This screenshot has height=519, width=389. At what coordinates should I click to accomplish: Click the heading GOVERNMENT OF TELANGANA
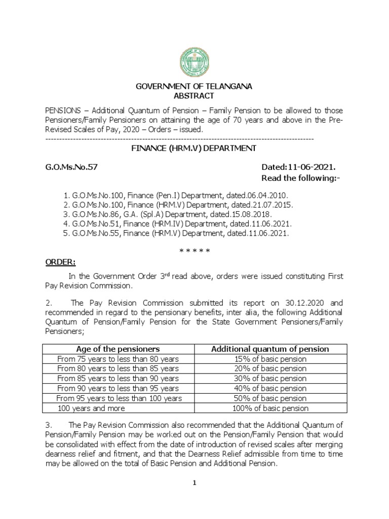tap(194, 87)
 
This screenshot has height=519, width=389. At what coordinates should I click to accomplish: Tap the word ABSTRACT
tap(194, 96)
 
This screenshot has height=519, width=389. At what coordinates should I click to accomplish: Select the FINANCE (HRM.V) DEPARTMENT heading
tap(194, 148)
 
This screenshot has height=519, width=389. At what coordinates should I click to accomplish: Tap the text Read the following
tap(297, 178)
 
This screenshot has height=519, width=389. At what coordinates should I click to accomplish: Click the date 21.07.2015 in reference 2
tap(275, 205)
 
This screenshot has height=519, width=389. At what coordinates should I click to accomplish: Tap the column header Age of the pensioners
tap(118, 349)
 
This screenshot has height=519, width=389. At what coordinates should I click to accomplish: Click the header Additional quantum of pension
tap(270, 349)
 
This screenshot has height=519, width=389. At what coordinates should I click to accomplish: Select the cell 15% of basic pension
tap(270, 359)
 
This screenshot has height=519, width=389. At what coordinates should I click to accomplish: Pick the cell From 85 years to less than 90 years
tap(118, 379)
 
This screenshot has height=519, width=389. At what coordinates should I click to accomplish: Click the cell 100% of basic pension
tap(270, 408)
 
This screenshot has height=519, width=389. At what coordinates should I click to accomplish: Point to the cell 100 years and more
tap(91, 408)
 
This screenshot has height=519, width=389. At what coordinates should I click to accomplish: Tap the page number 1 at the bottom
tap(194, 483)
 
